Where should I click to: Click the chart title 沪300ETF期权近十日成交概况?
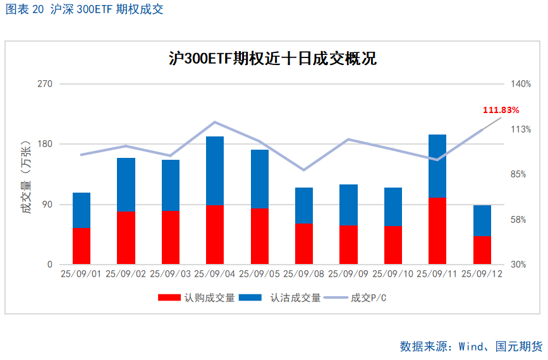tap(272, 59)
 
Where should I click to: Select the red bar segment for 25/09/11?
tap(437, 231)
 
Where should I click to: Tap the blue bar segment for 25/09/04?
tap(215, 171)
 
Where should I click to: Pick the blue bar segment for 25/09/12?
tap(482, 220)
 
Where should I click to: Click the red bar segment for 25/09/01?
tap(82, 246)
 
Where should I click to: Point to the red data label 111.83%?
tap(501, 110)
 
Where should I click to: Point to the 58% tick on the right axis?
tap(518, 220)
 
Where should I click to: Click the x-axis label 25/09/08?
tap(303, 273)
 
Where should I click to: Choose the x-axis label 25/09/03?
tap(170, 273)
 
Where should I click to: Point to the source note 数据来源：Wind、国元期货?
tap(471, 346)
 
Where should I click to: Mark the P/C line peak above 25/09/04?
tap(215, 122)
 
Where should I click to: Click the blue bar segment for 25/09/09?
tap(348, 205)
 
